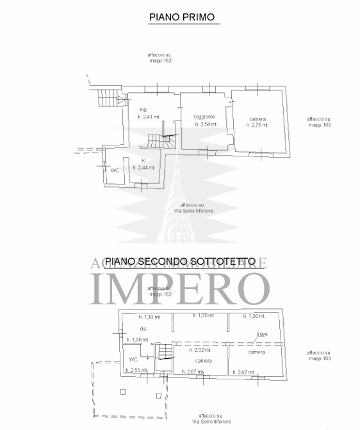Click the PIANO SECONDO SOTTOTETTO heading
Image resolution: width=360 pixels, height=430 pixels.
point(180,261)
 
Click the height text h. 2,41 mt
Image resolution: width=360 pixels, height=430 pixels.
point(149,117)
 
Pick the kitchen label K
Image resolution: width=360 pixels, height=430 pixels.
point(143,160)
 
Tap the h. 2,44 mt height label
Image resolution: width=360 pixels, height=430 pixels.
point(145,167)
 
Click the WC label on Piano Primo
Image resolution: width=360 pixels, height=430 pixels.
point(115,170)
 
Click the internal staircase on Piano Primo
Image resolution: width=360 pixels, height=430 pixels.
point(161,140)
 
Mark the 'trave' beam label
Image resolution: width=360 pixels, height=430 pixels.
point(261,335)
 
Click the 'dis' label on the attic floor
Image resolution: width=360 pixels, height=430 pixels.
point(143,329)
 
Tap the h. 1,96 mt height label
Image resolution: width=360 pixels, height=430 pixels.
point(137,340)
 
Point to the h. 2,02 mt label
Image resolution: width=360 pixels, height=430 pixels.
point(200,351)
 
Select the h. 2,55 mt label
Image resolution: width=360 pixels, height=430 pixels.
point(136,370)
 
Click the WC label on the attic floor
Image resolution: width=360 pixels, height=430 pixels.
point(133,360)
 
